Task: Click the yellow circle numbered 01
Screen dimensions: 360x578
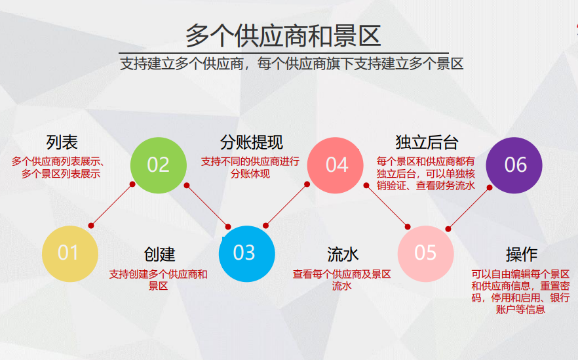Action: click(x=69, y=252)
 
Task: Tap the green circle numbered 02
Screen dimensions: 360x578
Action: click(x=158, y=165)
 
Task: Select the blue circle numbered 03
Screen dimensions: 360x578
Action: click(x=246, y=252)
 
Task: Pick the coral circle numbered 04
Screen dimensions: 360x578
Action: click(x=336, y=165)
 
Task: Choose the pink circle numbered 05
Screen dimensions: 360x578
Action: click(x=425, y=252)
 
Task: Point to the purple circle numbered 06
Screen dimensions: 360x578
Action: click(x=514, y=165)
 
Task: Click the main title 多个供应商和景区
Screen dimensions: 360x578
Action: click(x=283, y=35)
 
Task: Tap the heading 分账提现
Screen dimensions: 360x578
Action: click(x=251, y=142)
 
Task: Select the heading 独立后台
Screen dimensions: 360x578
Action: click(x=427, y=142)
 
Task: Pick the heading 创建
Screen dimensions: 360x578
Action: click(x=159, y=254)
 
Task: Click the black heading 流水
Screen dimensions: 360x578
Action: click(x=343, y=254)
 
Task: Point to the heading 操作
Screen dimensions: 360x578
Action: click(x=521, y=254)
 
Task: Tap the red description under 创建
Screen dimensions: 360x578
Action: click(x=159, y=280)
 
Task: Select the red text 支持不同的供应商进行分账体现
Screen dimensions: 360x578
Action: click(x=250, y=168)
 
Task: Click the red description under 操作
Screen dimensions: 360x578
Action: click(x=521, y=291)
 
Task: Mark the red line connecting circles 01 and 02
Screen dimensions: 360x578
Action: click(x=111, y=205)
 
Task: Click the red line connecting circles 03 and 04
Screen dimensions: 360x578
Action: click(x=286, y=205)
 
